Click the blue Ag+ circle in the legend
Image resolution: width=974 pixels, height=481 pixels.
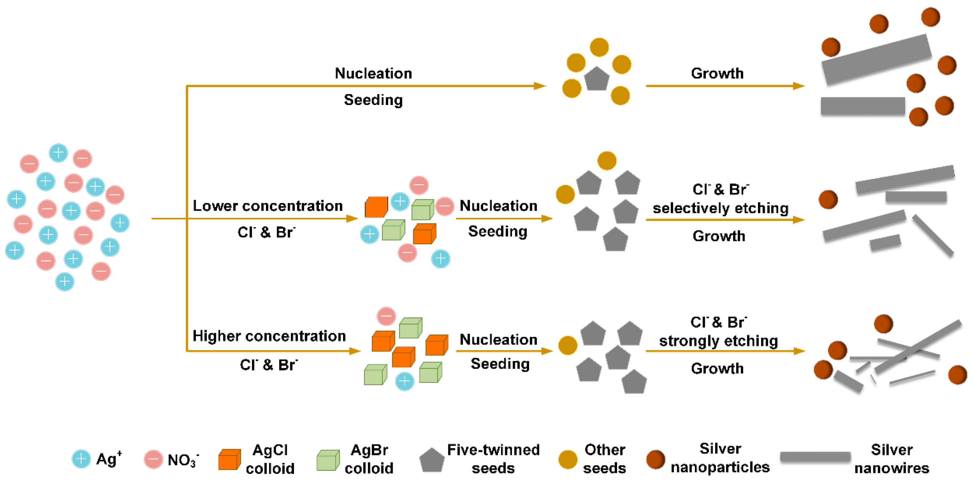pyautogui.click(x=81, y=459)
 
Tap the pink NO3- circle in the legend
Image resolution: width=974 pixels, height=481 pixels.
pyautogui.click(x=154, y=459)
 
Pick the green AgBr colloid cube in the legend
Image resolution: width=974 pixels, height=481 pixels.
pyautogui.click(x=328, y=460)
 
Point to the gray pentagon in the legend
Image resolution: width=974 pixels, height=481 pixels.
pyautogui.click(x=432, y=460)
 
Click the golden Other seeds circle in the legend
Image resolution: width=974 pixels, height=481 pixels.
pyautogui.click(x=568, y=460)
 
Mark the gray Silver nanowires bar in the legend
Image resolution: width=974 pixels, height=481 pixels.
pyautogui.click(x=815, y=457)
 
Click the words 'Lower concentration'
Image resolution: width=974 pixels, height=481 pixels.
pyautogui.click(x=268, y=206)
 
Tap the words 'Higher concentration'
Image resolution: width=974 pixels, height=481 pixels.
pyautogui.click(x=269, y=336)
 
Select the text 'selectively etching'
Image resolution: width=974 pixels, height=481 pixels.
pyautogui.click(x=721, y=208)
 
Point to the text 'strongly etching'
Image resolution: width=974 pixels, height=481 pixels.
pyautogui.click(x=718, y=341)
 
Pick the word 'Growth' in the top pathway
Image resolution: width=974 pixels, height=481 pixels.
pyautogui.click(x=717, y=73)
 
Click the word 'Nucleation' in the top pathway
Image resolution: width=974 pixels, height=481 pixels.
pyautogui.click(x=374, y=73)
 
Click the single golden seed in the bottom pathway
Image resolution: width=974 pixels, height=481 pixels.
pyautogui.click(x=568, y=345)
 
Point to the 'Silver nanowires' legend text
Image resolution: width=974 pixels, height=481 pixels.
pyautogui.click(x=892, y=459)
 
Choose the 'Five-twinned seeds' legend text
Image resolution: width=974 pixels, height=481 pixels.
pyautogui.click(x=493, y=459)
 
